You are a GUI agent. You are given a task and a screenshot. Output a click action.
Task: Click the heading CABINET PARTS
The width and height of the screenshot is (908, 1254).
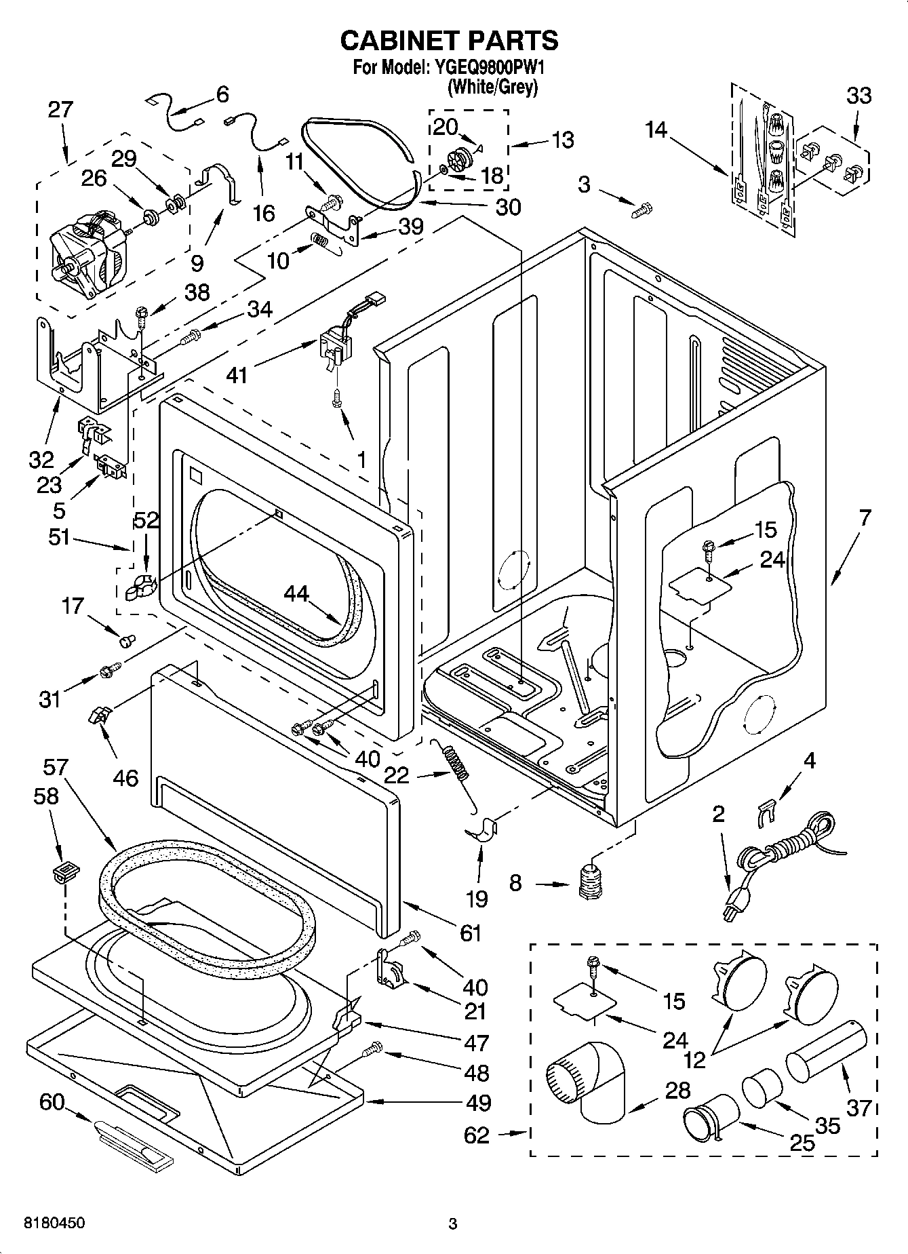pos(449,41)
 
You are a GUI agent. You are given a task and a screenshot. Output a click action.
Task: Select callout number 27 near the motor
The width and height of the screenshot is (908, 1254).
pos(60,110)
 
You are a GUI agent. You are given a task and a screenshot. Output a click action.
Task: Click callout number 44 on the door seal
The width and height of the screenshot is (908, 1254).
pos(296,594)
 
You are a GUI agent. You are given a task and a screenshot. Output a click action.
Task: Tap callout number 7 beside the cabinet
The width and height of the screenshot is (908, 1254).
pos(865,518)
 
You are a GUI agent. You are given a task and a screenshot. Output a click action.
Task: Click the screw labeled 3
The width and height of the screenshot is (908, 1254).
pos(641,210)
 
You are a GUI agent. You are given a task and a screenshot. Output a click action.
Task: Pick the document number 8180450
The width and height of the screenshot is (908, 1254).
pos(54,1223)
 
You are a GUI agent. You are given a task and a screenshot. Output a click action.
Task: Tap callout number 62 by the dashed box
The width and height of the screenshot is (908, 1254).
pos(477,1135)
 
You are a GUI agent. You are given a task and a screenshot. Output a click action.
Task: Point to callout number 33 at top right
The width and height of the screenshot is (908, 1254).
pos(858,96)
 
